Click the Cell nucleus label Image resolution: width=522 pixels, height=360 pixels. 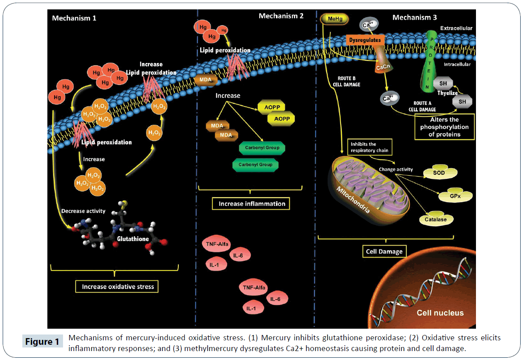440,313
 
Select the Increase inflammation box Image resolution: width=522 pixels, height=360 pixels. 252,204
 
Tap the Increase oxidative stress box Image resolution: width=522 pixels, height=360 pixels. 118,286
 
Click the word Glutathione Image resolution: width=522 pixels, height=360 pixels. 133,239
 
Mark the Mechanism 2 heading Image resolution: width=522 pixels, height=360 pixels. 281,16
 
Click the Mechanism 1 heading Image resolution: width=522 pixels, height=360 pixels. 74,18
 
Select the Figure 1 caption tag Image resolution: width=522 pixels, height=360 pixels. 42,342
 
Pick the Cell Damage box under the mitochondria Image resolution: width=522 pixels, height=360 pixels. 384,252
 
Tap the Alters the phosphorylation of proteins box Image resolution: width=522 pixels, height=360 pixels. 444,127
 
